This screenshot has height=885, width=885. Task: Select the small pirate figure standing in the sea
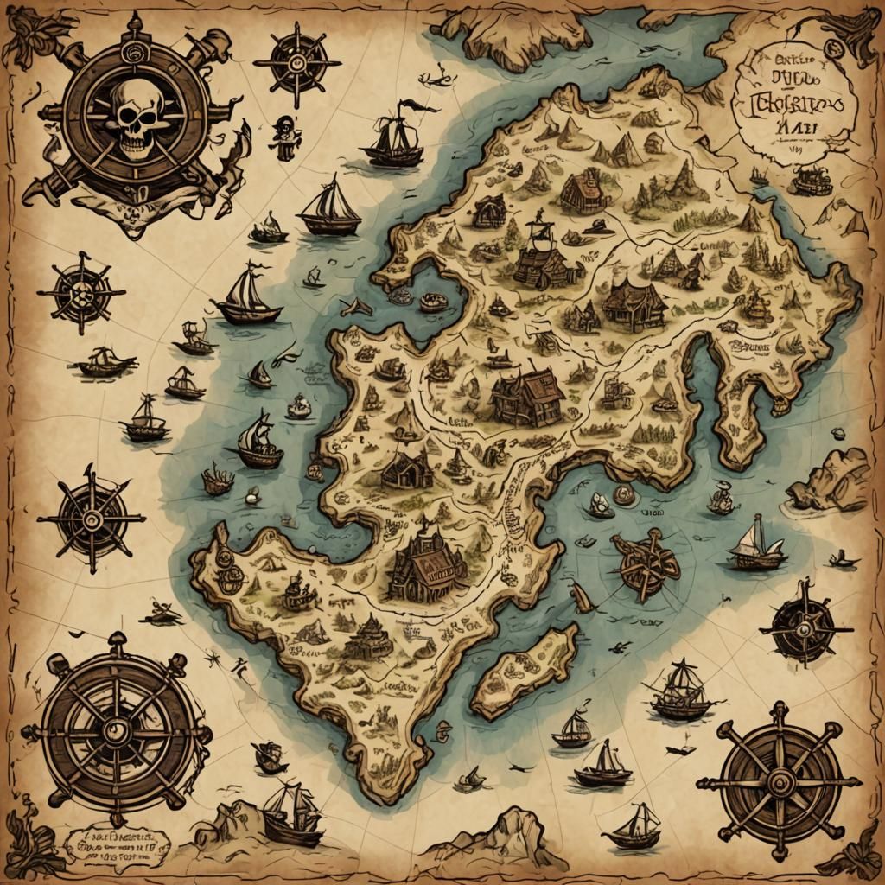(283, 137)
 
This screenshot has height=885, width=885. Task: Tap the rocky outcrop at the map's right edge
(830, 480)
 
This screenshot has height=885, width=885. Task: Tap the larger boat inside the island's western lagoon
(434, 302)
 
